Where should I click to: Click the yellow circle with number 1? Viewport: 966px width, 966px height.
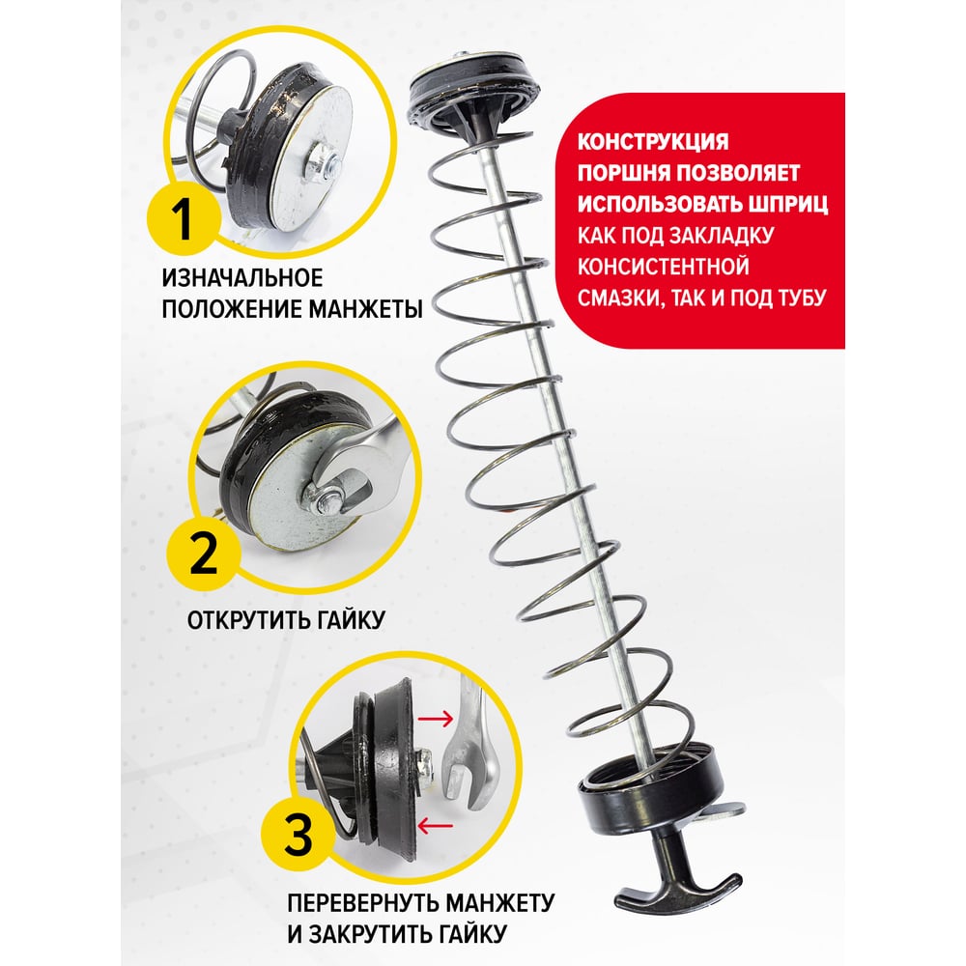click(183, 219)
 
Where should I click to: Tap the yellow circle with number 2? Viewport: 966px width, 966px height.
click(203, 554)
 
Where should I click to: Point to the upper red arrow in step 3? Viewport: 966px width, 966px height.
click(435, 718)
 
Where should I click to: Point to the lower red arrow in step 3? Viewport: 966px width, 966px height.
click(435, 825)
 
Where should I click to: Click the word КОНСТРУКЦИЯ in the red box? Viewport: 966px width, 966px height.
click(652, 141)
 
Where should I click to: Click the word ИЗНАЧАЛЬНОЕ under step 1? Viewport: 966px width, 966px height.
click(242, 278)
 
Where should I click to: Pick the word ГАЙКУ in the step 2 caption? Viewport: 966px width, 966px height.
click(351, 620)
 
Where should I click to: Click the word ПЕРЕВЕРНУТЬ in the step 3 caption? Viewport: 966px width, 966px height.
click(362, 903)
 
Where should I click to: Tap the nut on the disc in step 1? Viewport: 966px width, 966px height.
click(323, 163)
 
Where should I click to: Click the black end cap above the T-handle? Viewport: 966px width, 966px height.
click(650, 789)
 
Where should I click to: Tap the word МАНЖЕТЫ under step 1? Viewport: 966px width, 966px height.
click(365, 309)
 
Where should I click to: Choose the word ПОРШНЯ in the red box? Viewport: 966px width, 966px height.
click(621, 173)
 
